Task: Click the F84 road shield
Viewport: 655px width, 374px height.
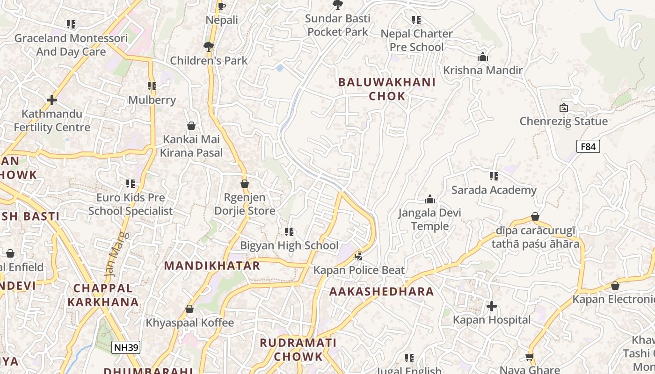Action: click(x=588, y=147)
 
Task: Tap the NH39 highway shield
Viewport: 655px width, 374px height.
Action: click(x=126, y=347)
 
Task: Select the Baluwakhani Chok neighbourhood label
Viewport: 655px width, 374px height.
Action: click(x=386, y=89)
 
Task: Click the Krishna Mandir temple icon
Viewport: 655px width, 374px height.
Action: click(x=483, y=57)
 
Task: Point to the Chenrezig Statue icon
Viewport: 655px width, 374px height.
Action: click(x=564, y=108)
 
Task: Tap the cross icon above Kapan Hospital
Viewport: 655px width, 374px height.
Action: click(x=492, y=306)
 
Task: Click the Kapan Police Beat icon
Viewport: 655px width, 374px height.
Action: click(x=359, y=256)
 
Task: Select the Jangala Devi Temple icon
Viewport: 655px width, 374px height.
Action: click(x=430, y=200)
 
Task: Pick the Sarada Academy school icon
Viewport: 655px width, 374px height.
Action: click(x=494, y=176)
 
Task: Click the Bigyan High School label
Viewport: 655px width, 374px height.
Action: click(x=289, y=245)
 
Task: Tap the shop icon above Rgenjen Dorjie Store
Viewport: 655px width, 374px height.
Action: click(x=245, y=184)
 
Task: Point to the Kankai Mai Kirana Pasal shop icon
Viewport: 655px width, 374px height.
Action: click(x=191, y=126)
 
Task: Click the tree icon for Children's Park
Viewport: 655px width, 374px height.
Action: click(x=209, y=46)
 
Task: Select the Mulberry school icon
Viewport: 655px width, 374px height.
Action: click(x=152, y=86)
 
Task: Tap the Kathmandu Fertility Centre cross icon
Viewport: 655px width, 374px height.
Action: click(x=52, y=100)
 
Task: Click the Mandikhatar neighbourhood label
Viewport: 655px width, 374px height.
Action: click(x=212, y=266)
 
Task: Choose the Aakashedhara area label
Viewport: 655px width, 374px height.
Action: click(x=382, y=292)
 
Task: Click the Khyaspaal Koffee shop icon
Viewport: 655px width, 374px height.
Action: click(x=189, y=309)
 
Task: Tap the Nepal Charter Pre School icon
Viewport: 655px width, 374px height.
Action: click(x=416, y=20)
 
